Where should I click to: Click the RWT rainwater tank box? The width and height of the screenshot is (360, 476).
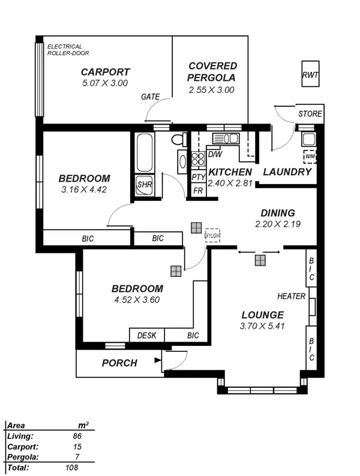pos(310,75)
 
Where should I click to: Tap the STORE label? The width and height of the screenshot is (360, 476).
pos(310,114)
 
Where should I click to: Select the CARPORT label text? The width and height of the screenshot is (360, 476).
pos(105,73)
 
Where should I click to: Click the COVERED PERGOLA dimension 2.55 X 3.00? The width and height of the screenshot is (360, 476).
pos(211,90)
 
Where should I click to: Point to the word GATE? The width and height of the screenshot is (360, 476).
pos(150,97)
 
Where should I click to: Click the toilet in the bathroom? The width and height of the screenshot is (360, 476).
pos(178,140)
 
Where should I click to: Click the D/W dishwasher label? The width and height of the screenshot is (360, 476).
pos(214,155)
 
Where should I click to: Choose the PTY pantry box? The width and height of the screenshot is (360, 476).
pos(198,177)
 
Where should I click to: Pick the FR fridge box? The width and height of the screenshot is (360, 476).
pos(198,191)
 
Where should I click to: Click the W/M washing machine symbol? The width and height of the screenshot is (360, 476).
pos(310,156)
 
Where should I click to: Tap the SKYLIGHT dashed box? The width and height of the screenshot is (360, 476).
pos(212,235)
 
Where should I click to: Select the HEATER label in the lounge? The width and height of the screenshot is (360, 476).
pos(291,297)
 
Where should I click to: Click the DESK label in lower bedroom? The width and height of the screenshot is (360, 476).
pos(146,336)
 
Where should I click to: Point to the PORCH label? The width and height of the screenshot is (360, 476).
pos(119,363)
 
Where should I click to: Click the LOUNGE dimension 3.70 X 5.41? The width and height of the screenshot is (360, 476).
pos(262,327)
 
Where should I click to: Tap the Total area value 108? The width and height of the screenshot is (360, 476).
pos(73,466)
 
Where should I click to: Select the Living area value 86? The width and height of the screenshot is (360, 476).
pos(76,436)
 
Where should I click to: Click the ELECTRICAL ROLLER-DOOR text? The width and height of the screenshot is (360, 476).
pos(64,50)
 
